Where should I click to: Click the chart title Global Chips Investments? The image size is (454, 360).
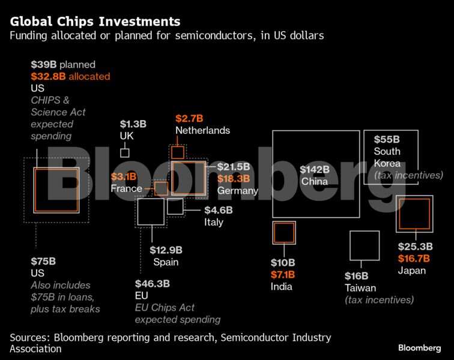click(94, 22)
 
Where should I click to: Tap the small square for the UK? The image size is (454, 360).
click(125, 152)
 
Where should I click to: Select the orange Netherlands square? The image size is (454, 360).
click(178, 152)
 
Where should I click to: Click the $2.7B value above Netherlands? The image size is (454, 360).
click(189, 118)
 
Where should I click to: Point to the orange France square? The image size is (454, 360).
click(161, 189)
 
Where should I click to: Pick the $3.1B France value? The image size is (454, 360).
click(124, 176)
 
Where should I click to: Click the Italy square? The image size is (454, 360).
click(175, 207)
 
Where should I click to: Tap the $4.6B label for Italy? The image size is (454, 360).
click(218, 210)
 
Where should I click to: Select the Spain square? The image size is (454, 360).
click(151, 212)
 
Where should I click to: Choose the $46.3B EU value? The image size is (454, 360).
click(153, 283)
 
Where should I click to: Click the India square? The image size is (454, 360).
click(283, 232)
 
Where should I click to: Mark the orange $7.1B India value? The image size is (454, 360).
click(282, 275)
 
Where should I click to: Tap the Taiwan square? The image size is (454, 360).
click(365, 245)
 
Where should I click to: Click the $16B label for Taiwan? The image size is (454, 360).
click(357, 276)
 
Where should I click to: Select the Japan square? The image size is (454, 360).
click(414, 214)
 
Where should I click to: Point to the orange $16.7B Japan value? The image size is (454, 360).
click(414, 259)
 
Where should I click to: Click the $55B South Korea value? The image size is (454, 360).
click(386, 139)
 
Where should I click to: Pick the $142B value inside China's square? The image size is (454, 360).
click(315, 169)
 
